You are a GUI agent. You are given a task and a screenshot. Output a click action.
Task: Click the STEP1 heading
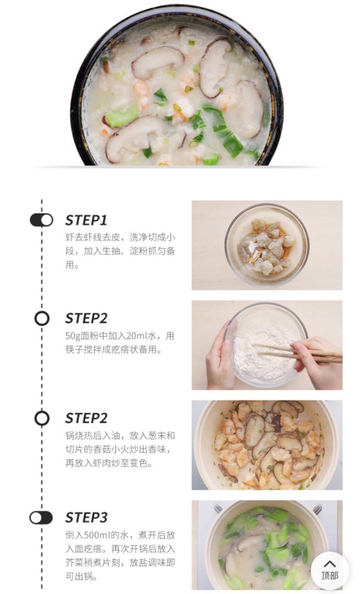(86, 220)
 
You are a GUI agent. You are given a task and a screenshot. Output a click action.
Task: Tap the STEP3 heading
(86, 518)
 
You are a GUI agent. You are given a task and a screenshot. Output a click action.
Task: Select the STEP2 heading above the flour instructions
(86, 318)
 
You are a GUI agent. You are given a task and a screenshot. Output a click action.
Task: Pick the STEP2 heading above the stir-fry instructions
(86, 418)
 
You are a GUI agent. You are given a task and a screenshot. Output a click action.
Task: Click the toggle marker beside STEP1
(41, 220)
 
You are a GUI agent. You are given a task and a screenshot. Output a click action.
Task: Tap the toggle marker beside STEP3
(41, 518)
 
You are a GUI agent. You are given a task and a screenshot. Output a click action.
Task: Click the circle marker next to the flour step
(42, 318)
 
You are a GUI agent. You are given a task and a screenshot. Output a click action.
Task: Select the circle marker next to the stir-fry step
(42, 418)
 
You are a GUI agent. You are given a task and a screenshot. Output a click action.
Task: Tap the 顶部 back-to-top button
(330, 570)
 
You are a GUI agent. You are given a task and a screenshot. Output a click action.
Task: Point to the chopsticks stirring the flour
(299, 353)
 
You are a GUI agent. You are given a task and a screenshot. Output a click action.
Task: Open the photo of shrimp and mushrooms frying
(267, 445)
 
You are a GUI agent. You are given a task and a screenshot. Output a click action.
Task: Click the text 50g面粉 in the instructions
(82, 336)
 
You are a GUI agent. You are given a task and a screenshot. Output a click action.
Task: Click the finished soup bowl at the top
(177, 85)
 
